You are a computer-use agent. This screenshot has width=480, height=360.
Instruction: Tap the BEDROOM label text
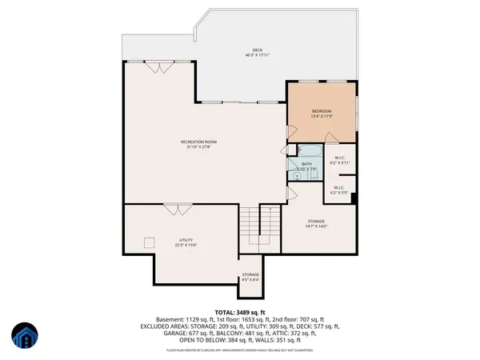pyautogui.click(x=322, y=111)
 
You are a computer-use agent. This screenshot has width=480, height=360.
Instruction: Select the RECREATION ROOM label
pyautogui.click(x=198, y=142)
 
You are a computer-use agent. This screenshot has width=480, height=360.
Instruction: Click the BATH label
pyautogui.click(x=307, y=164)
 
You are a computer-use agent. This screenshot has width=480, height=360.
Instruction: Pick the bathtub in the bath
pyautogui.click(x=307, y=151)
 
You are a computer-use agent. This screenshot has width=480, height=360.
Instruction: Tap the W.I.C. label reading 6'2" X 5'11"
pyautogui.click(x=340, y=158)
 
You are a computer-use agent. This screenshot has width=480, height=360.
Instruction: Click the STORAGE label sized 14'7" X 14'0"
pyautogui.click(x=317, y=222)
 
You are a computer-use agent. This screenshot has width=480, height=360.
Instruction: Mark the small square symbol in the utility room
pyautogui.click(x=148, y=242)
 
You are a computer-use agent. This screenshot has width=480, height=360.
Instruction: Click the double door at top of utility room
pyautogui.click(x=174, y=209)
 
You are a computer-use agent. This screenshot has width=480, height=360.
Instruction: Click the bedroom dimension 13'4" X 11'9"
pyautogui.click(x=322, y=117)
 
